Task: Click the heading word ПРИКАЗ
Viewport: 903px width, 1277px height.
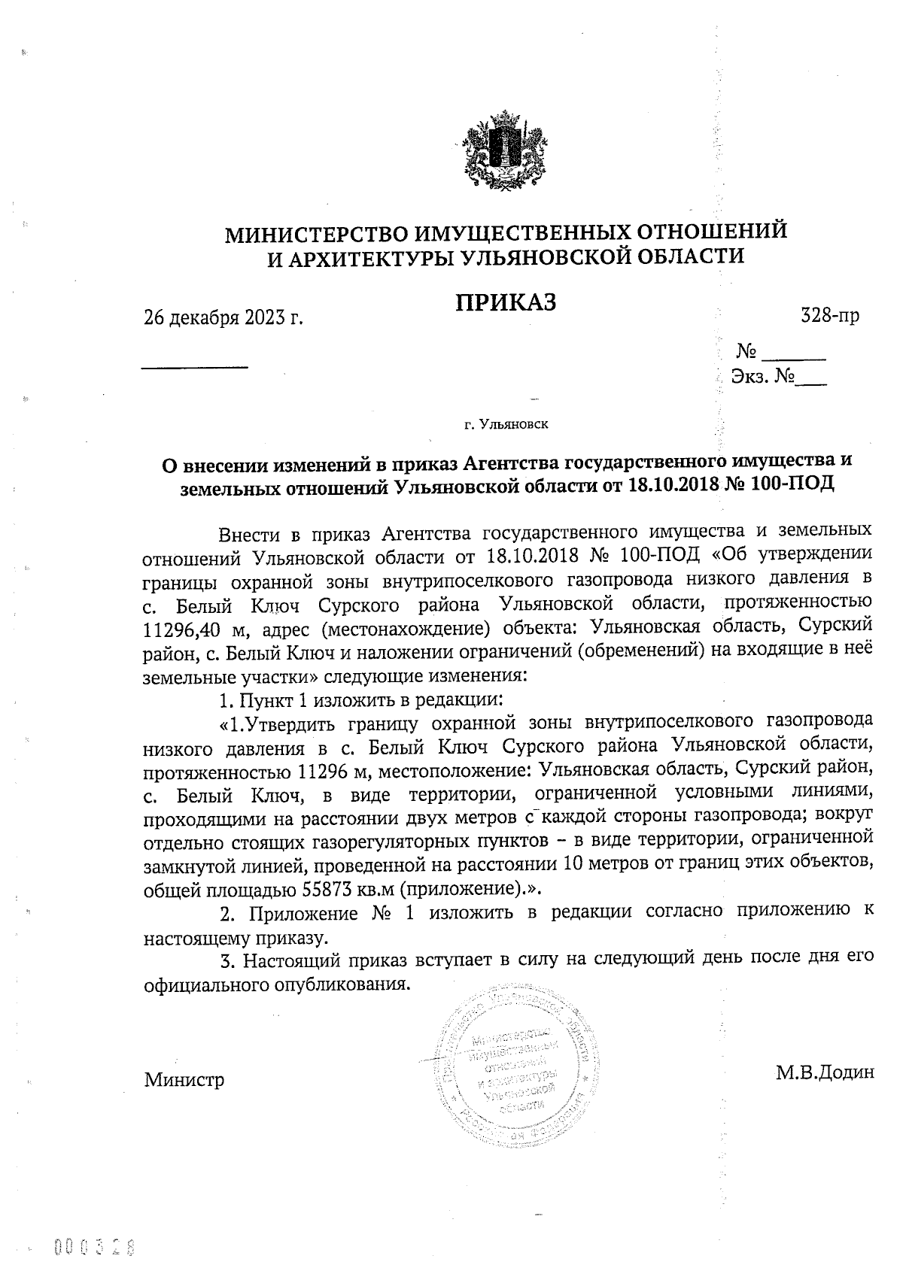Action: tap(506, 302)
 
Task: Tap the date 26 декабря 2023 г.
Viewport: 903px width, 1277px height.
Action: tap(223, 317)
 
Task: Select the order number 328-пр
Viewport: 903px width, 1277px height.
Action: tap(830, 317)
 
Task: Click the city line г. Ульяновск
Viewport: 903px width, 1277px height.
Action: tap(506, 425)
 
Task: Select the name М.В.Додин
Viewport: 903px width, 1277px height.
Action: tap(825, 1072)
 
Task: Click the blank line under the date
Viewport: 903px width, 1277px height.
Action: tap(195, 366)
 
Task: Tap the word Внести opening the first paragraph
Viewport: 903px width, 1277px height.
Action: tap(248, 534)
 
